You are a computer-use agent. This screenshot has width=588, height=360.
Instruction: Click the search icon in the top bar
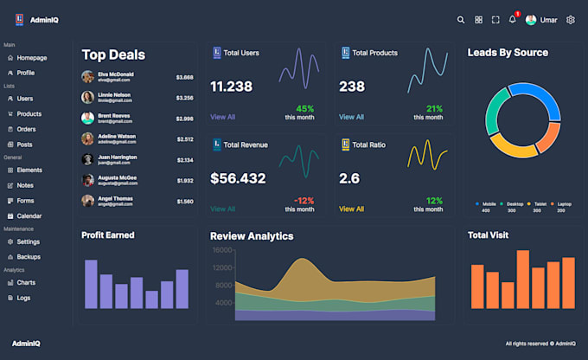(461, 20)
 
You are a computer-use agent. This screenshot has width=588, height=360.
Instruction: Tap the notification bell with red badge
(513, 19)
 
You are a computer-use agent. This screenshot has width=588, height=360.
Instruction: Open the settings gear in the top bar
(571, 20)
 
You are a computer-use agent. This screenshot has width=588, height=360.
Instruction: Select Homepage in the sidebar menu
(32, 58)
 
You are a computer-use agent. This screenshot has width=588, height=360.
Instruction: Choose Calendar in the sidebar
(29, 215)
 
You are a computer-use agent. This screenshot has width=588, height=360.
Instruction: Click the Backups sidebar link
(29, 257)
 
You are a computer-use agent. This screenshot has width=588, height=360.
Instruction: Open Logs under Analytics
(23, 298)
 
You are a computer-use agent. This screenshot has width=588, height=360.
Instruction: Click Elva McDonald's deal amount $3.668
(184, 77)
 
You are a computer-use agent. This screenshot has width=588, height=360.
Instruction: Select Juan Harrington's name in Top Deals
(117, 157)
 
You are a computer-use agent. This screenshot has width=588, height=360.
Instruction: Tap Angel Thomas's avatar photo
(87, 201)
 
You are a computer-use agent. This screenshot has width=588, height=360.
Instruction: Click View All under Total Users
(222, 117)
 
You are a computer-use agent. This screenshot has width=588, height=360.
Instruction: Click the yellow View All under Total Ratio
(351, 209)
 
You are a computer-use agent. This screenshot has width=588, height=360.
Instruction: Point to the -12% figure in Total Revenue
(304, 200)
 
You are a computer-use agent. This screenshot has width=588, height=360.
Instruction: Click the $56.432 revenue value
(238, 178)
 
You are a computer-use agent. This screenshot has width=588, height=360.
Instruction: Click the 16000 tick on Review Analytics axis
(222, 250)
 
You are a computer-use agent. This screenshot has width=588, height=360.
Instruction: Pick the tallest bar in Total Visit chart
(522, 280)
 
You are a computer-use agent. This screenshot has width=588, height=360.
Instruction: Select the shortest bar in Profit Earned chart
(151, 299)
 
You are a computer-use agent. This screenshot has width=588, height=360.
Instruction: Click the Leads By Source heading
(508, 53)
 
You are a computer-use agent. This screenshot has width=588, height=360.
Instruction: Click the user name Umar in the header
(548, 20)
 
